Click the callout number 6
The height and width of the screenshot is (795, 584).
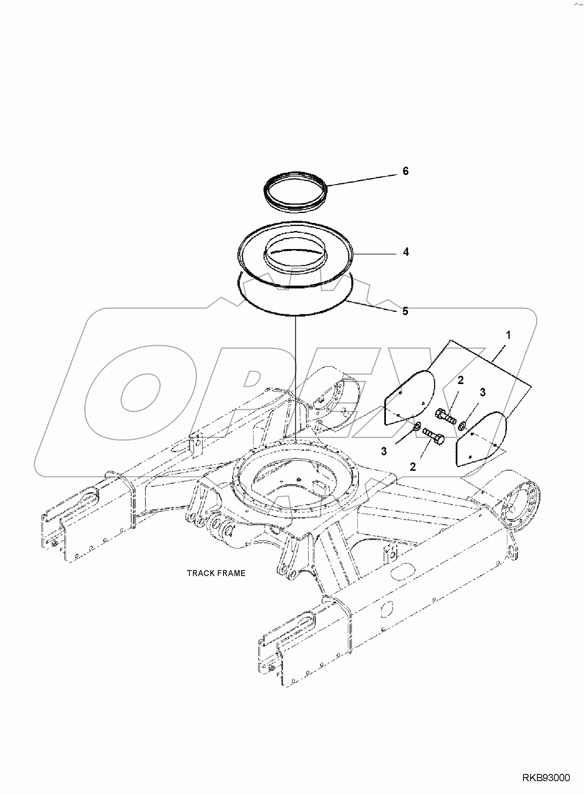tap(405, 171)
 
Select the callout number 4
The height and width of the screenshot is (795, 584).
tap(406, 252)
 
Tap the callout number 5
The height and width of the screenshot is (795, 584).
tap(405, 311)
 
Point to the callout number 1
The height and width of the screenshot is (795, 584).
tap(508, 335)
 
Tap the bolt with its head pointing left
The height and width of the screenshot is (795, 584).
tap(445, 416)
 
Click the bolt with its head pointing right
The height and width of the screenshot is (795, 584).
tap(434, 436)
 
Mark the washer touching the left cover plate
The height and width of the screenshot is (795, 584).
tap(417, 427)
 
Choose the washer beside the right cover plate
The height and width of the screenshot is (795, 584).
tap(461, 426)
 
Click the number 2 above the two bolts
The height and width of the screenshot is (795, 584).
tap(461, 380)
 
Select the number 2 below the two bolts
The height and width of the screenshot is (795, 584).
tap(413, 467)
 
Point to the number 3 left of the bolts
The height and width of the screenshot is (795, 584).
tap(384, 451)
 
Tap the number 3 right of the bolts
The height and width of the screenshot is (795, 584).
tap(482, 392)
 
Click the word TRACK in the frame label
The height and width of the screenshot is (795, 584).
tap(200, 573)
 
